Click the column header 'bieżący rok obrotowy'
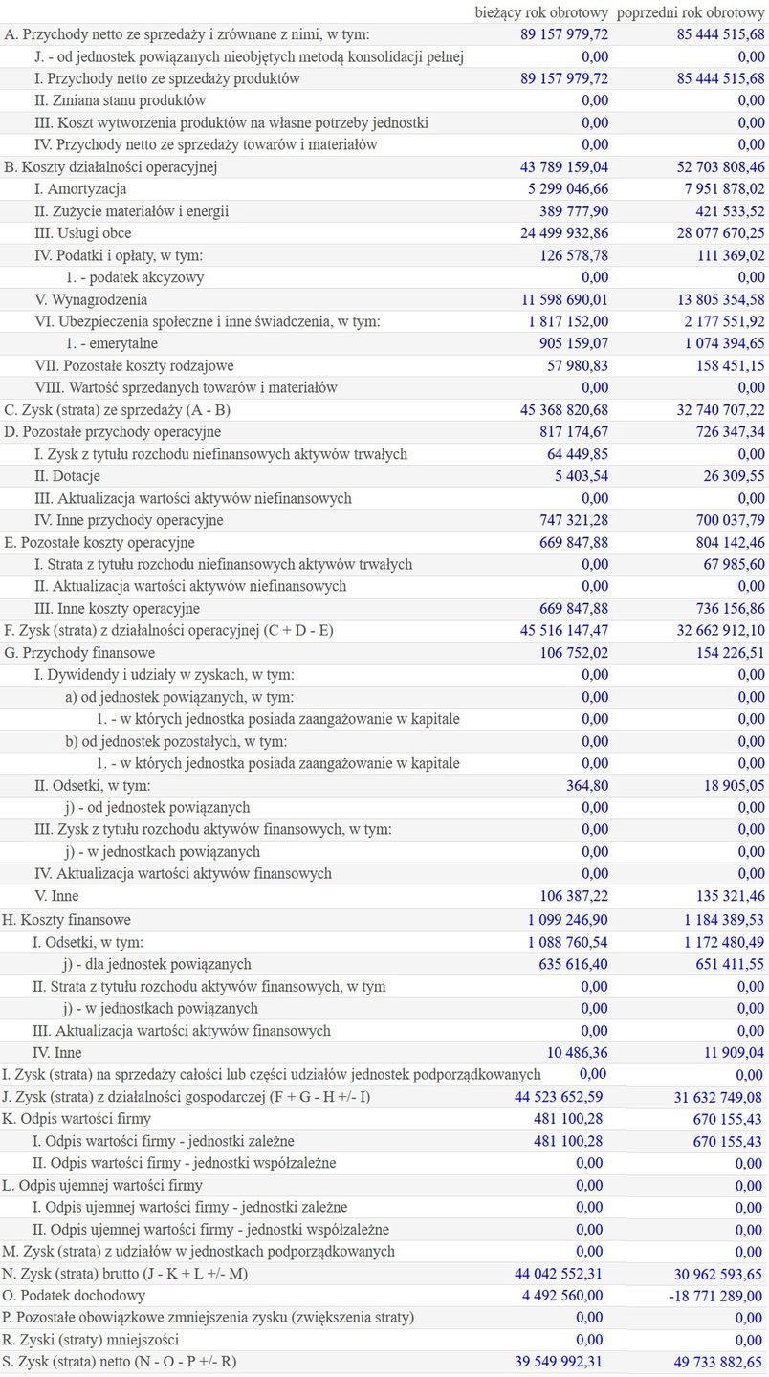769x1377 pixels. (x=541, y=12)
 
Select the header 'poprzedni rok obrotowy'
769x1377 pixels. (x=691, y=12)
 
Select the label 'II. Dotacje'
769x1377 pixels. (x=67, y=476)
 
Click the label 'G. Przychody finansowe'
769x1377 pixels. (x=79, y=653)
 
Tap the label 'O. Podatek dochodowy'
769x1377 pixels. (x=75, y=1296)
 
